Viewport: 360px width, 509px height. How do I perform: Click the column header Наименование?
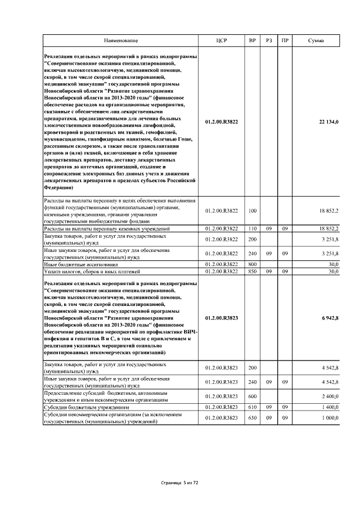120,41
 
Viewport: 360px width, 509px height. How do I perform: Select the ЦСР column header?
221,41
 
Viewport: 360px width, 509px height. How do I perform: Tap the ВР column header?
252,41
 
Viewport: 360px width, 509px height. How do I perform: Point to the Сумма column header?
316,41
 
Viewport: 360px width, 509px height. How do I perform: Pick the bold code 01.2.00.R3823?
222,318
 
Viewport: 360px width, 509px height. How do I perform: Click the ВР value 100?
252,211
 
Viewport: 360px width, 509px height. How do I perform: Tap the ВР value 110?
252,228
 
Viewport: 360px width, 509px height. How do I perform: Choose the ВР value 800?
252,264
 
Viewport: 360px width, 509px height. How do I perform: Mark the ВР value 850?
252,271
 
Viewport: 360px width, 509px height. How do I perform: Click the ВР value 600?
252,396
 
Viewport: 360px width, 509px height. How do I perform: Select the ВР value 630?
252,418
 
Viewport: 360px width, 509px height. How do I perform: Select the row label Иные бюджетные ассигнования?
81,264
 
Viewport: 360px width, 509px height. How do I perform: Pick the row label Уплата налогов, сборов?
84,271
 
